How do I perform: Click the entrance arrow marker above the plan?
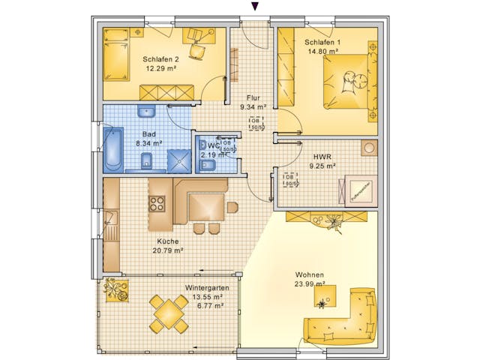click(255, 6)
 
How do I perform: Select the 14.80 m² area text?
click(322, 51)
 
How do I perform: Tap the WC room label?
click(214, 145)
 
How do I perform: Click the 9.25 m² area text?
click(323, 166)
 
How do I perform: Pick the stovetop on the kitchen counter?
click(157, 203)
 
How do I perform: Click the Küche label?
click(168, 241)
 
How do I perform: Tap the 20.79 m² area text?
click(168, 250)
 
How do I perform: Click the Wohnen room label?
click(310, 274)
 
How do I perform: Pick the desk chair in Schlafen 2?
click(199, 49)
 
